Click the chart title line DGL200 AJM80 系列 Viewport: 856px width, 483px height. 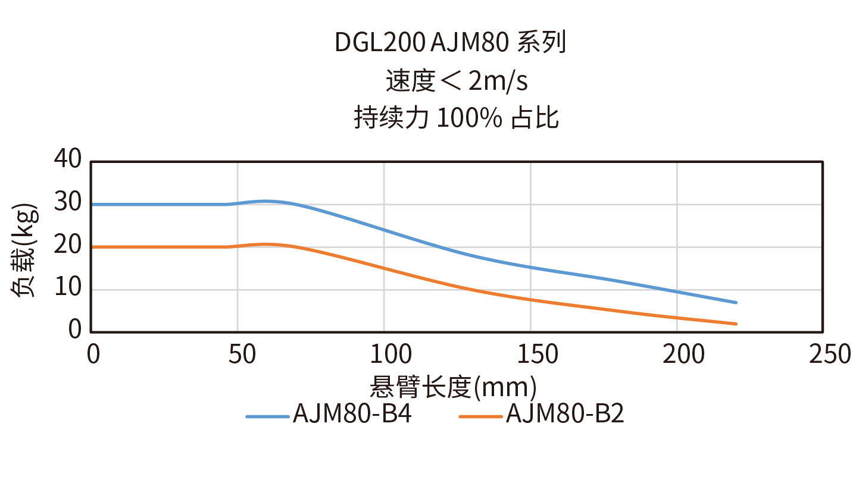tap(450, 43)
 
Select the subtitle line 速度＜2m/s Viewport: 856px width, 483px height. tap(457, 81)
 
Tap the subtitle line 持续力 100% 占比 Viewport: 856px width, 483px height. tap(457, 118)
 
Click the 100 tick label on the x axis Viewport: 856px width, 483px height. tap(383, 355)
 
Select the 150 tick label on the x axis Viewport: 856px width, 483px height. tap(530, 355)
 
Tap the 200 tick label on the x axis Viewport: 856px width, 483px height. tap(676, 355)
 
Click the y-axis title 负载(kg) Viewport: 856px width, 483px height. tap(24, 250)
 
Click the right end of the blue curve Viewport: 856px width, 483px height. tap(736, 302)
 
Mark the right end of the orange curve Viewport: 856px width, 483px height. tap(736, 324)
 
